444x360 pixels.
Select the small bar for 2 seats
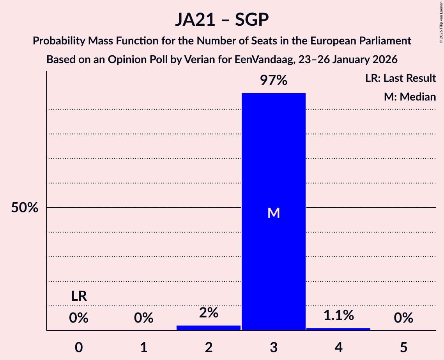tap(209, 328)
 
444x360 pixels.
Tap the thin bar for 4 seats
tap(338, 329)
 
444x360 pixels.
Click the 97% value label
tap(274, 81)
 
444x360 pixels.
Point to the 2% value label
tap(209, 312)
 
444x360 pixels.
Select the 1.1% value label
tap(338, 315)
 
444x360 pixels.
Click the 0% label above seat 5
tap(403, 318)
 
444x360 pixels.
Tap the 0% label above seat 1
tap(143, 318)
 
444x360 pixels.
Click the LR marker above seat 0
tap(79, 296)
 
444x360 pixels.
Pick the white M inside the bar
tap(274, 213)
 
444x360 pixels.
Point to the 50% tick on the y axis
tap(25, 208)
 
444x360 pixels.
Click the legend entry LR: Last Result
tap(400, 78)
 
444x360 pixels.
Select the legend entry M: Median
tap(410, 97)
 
